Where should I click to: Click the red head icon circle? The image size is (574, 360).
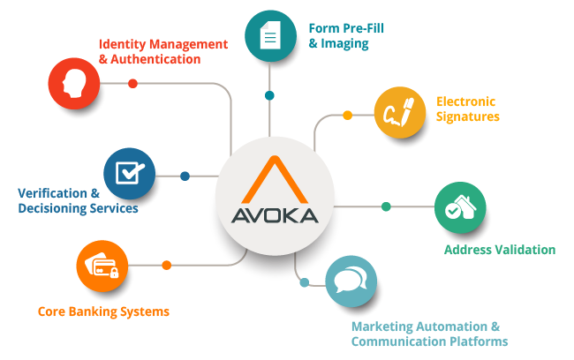pyautogui.click(x=74, y=82)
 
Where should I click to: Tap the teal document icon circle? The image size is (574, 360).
pyautogui.click(x=270, y=36)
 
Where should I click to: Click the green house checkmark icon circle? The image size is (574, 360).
pyautogui.click(x=460, y=207)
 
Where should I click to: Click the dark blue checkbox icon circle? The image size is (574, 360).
pyautogui.click(x=130, y=173)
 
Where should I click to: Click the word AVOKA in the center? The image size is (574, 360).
pyautogui.click(x=275, y=217)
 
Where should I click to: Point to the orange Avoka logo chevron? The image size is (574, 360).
pyautogui.click(x=275, y=180)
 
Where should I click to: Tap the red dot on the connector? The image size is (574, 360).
pyautogui.click(x=133, y=84)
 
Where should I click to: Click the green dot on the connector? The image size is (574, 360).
pyautogui.click(x=386, y=207)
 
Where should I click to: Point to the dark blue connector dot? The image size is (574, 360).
pyautogui.click(x=185, y=176)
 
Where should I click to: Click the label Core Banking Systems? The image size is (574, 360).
pyautogui.click(x=104, y=311)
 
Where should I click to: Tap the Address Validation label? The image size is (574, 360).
pyautogui.click(x=499, y=250)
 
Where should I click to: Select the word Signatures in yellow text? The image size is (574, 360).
pyautogui.click(x=468, y=116)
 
